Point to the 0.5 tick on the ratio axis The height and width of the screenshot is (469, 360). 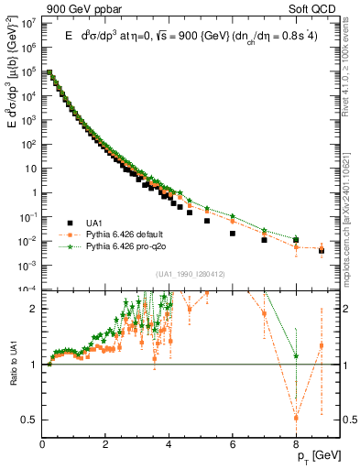coord(29,420)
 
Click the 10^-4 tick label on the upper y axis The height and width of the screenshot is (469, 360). coord(27,289)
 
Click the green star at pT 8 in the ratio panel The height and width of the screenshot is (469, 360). coord(296,356)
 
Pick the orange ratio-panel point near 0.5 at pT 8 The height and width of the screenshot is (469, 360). coord(296,418)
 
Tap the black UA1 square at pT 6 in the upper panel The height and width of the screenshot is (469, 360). coord(233,234)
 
